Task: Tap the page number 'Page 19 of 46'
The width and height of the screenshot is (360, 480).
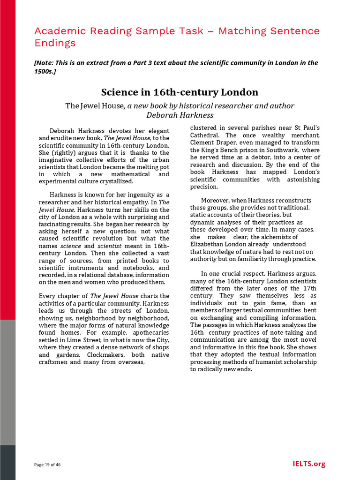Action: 47,465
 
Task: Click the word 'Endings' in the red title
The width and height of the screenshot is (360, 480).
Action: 55,43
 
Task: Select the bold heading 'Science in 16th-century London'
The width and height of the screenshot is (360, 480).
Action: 180,92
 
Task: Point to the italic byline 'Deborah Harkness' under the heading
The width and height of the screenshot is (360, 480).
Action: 180,115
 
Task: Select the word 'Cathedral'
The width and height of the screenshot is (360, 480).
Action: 205,135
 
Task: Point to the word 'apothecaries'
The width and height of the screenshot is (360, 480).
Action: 149,333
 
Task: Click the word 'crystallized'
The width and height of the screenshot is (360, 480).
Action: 110,181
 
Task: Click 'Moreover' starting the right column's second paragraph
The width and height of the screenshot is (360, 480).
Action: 216,200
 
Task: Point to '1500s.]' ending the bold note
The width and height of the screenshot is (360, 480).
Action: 45,71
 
